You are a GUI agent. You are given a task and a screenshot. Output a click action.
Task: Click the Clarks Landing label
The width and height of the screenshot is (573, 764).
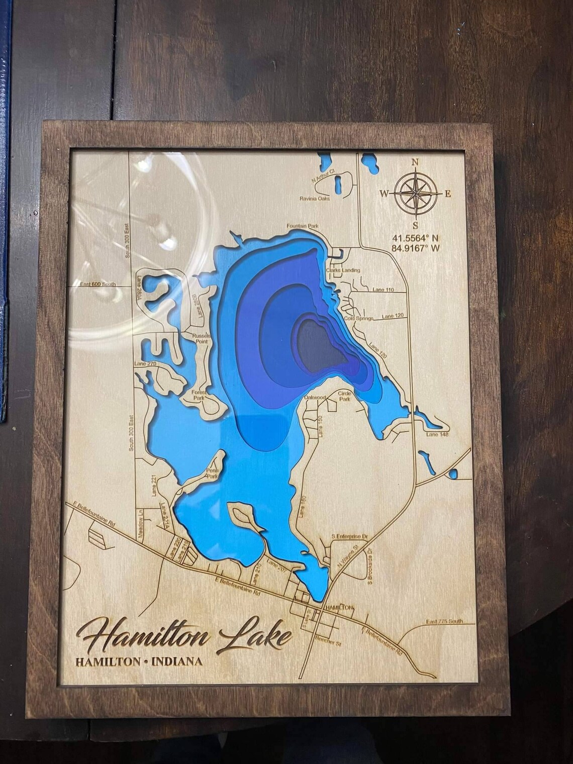343,270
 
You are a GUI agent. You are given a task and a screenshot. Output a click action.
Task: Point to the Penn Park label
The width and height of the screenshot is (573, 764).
213,473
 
